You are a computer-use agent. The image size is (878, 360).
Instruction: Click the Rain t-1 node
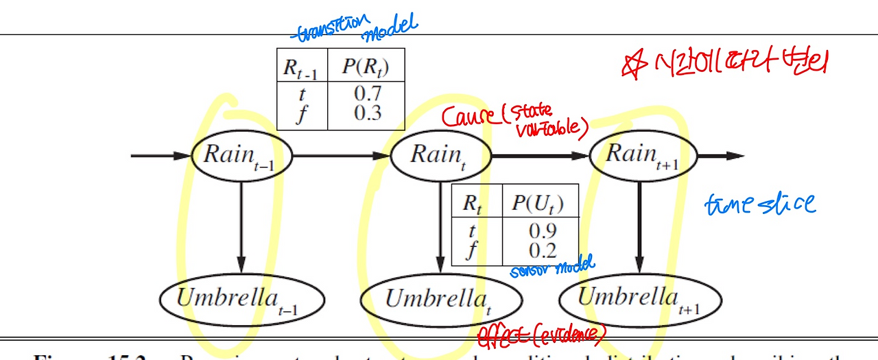(x=241, y=155)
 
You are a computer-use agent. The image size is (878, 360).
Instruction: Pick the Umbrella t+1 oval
(x=640, y=300)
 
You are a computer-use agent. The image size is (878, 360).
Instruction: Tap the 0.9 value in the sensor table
(x=542, y=230)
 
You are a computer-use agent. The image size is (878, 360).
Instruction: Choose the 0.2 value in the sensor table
(x=542, y=250)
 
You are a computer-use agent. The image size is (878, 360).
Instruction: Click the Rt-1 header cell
(x=300, y=67)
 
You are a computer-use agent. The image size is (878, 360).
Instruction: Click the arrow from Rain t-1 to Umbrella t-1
(x=241, y=223)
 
